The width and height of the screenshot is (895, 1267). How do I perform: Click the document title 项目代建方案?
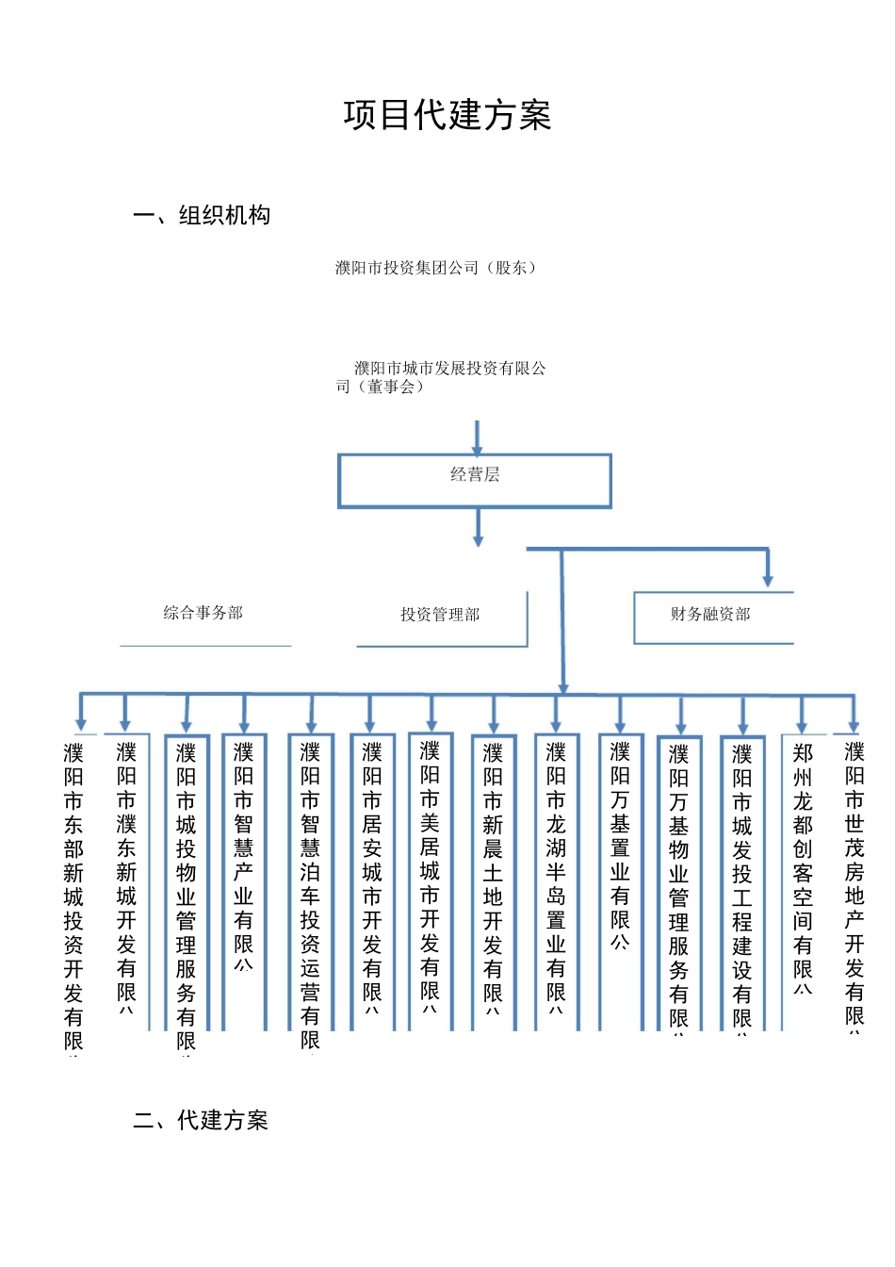(447, 115)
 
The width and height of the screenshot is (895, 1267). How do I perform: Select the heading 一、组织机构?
(202, 216)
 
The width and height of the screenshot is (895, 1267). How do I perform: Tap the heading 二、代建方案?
(201, 1120)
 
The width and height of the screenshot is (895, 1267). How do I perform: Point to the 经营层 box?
(475, 480)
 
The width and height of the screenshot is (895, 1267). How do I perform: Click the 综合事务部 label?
(203, 613)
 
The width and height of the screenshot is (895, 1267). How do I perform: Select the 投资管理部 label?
(440, 615)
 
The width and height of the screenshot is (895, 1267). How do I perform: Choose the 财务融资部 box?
(711, 615)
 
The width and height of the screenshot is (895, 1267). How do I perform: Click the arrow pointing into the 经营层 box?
(477, 438)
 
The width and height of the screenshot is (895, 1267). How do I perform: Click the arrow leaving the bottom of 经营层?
(478, 528)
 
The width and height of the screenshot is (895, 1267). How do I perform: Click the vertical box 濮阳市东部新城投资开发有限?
(73, 896)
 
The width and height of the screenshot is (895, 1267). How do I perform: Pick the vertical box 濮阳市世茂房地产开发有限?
(854, 886)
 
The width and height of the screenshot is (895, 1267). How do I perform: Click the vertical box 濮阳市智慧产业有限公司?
(244, 858)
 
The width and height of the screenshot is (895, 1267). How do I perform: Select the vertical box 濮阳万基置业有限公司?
(620, 848)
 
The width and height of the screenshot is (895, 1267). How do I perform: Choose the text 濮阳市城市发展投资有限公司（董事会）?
(441, 377)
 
